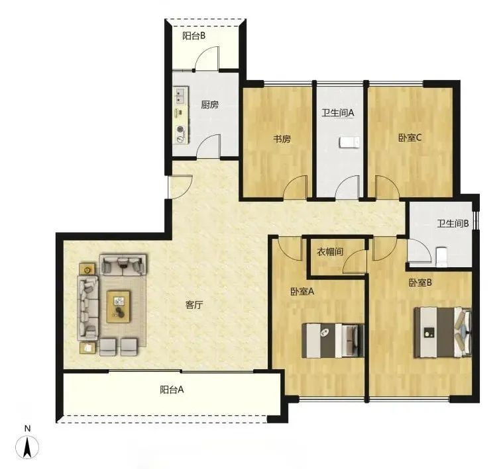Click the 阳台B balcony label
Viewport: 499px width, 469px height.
point(194,36)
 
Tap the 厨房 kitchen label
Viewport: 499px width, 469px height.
point(209,105)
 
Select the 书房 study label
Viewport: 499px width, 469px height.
point(282,139)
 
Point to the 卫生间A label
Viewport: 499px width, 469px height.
point(338,113)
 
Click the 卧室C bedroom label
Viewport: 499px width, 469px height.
point(410,138)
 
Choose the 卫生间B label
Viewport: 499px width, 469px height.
point(453,224)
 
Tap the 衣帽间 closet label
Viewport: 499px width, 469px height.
point(330,252)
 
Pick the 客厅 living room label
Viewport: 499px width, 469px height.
point(194,305)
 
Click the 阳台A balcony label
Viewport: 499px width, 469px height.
point(172,390)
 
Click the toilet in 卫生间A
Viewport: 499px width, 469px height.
point(350,142)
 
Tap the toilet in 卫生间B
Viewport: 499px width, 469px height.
point(441,257)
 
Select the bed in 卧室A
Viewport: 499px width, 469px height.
point(333,340)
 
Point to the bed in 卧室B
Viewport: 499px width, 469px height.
point(443,332)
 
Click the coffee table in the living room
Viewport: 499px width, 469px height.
point(119,307)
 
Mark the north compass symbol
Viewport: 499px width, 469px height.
point(27,447)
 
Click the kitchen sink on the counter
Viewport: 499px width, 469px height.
point(180,96)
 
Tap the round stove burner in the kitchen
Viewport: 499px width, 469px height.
point(180,130)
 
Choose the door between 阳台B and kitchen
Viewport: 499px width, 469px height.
point(207,58)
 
